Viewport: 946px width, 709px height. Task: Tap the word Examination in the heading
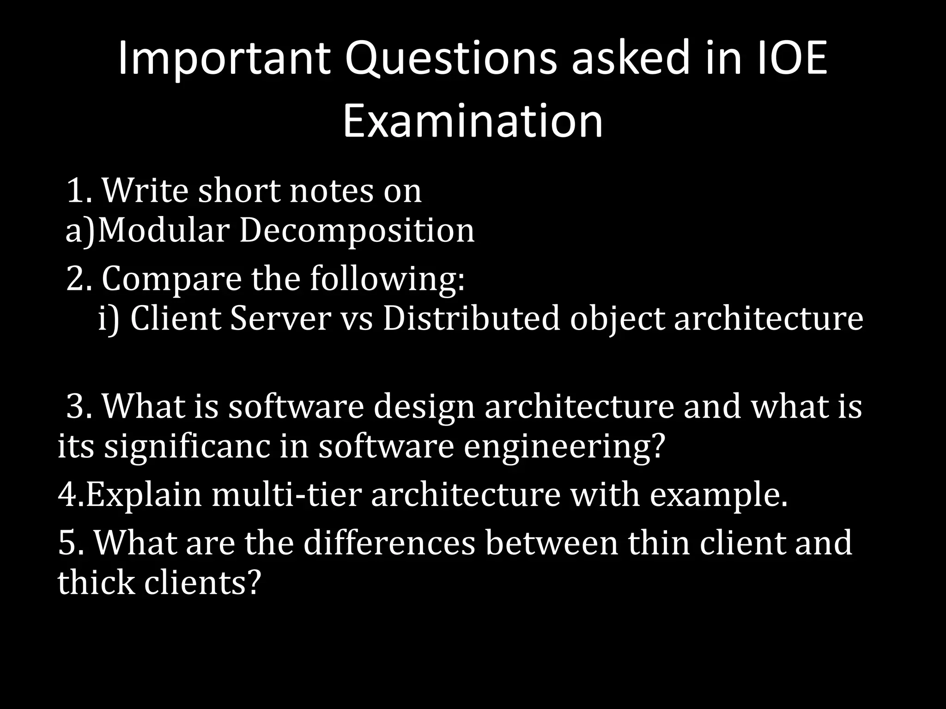click(x=473, y=121)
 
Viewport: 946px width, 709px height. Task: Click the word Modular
click(x=164, y=231)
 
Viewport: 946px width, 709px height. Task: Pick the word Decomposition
click(x=357, y=231)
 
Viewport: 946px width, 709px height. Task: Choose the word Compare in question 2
click(x=171, y=279)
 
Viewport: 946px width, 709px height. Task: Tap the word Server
click(x=281, y=318)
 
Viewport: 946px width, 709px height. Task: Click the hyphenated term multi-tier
click(x=285, y=495)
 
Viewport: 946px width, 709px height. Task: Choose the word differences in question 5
click(x=389, y=543)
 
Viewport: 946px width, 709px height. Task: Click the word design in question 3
click(x=424, y=407)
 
